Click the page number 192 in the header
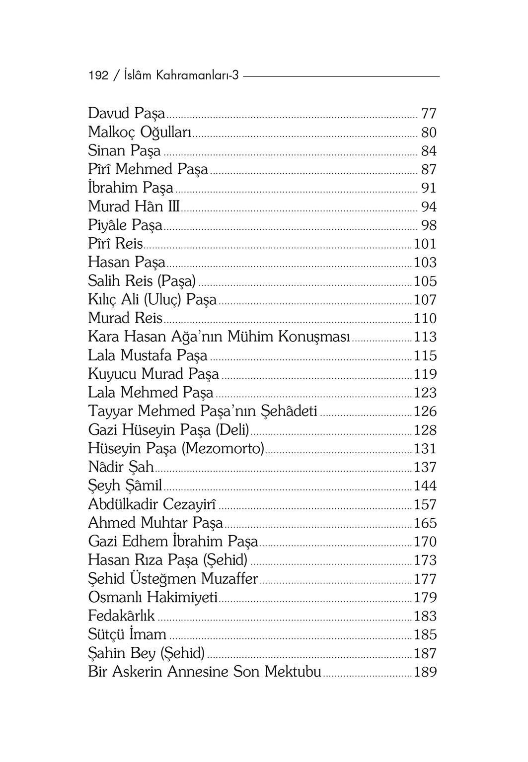pos(98,75)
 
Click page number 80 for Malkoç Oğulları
pos(428,133)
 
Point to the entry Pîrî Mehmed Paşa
pos(148,169)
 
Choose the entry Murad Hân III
pos(134,207)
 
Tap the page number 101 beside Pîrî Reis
pos(425,244)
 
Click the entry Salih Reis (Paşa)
pos(142,281)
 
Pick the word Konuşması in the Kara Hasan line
pos(314,337)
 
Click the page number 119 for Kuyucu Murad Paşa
pos(425,374)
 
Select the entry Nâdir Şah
pos(121,467)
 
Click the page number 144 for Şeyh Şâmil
pos(425,486)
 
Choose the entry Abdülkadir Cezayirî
pos(151,504)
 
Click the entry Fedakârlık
pos(121,616)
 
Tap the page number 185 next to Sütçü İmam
pos(425,635)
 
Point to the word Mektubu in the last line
pos(293,672)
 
